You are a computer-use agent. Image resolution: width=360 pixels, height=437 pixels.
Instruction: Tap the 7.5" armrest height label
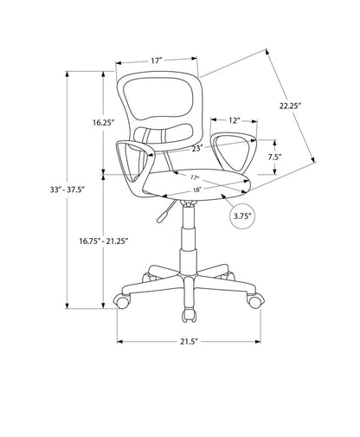[x=274, y=157]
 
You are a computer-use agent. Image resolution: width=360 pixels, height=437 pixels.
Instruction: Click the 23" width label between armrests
[x=197, y=148]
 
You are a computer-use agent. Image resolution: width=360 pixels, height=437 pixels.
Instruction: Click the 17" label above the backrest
[x=156, y=61]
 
